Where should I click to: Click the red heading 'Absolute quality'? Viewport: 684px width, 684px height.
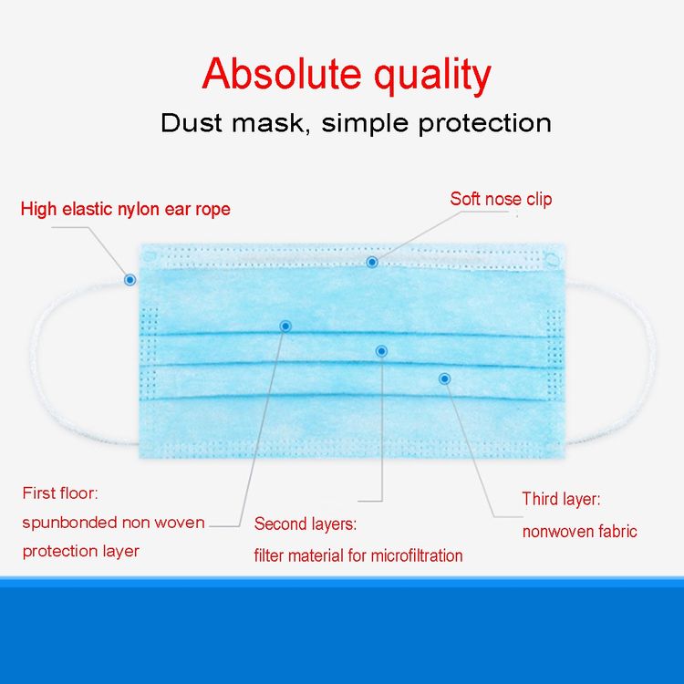[347, 74]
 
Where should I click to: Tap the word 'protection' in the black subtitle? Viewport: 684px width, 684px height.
[484, 124]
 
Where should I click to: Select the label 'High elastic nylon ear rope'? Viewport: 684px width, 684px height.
[125, 209]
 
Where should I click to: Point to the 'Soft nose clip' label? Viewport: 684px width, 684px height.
[501, 199]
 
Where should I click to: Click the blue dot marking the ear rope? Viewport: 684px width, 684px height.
[130, 280]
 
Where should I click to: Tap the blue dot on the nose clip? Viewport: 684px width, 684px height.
[372, 262]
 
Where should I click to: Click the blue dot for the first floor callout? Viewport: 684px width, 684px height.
[285, 326]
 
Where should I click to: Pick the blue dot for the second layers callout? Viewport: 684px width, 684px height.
[381, 351]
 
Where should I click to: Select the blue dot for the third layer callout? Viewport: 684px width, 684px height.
[444, 378]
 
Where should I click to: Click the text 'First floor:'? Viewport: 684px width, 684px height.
[60, 493]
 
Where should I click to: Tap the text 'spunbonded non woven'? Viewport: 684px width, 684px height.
[113, 523]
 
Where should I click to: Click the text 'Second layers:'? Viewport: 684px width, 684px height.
[306, 523]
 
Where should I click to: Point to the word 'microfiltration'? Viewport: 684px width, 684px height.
[417, 555]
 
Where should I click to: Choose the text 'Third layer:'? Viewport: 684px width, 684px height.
[562, 499]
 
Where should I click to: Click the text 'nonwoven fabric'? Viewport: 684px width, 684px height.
[580, 532]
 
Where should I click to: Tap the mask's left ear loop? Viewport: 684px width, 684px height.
[34, 362]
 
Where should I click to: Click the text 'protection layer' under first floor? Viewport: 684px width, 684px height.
[80, 552]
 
